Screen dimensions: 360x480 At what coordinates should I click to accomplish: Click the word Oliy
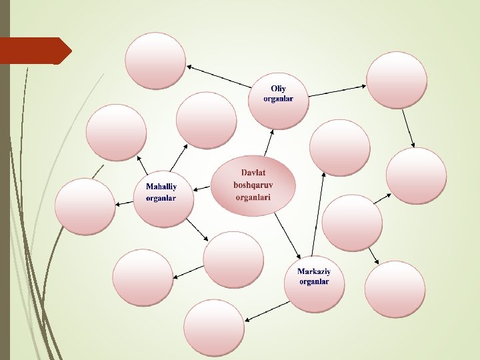pyautogui.click(x=277, y=89)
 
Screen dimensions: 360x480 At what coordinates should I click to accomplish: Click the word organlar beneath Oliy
pyautogui.click(x=277, y=99)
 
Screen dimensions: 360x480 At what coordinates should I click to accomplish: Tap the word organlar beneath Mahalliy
pyautogui.click(x=161, y=198)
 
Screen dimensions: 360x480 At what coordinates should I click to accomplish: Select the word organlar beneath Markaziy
pyautogui.click(x=313, y=282)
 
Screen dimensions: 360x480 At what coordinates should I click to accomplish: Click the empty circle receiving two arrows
pyautogui.click(x=416, y=176)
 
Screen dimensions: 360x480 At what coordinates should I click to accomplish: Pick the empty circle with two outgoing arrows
pyautogui.click(x=351, y=223)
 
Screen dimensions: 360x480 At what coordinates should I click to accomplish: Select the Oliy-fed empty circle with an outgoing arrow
pyautogui.click(x=397, y=80)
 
